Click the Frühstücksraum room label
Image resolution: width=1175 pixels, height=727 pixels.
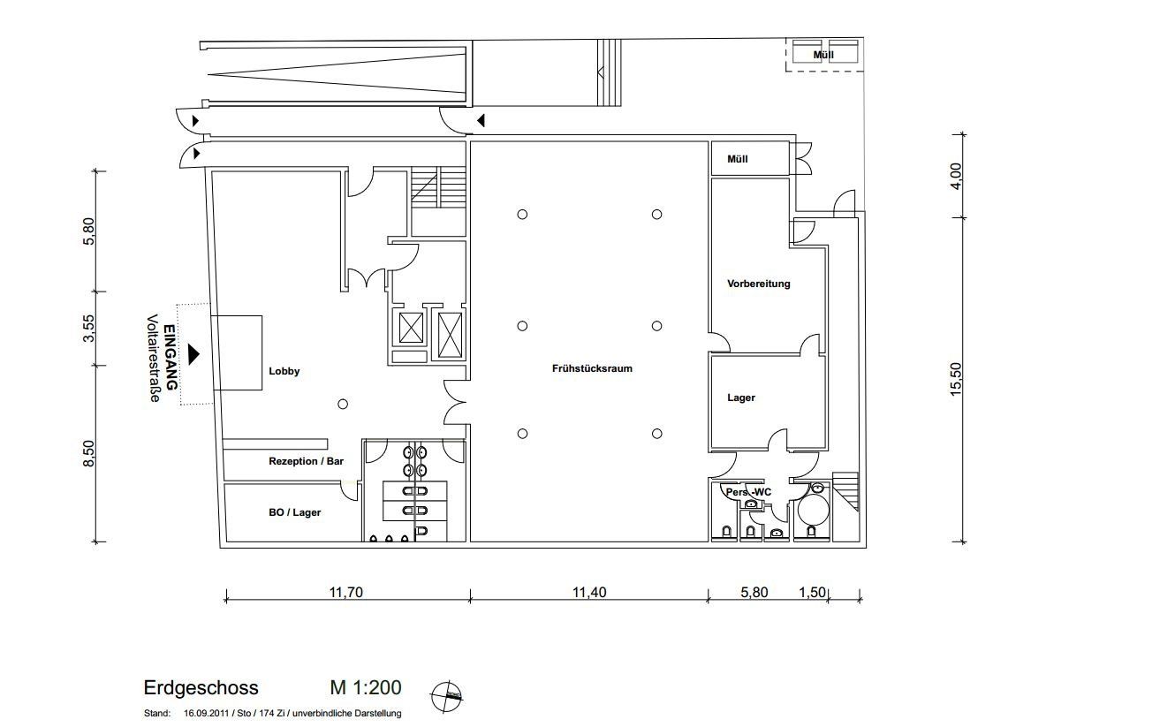[592, 368]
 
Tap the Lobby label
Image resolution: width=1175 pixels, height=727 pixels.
[284, 371]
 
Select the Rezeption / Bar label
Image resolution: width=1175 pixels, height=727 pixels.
[306, 461]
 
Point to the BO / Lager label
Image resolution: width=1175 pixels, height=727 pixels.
[294, 512]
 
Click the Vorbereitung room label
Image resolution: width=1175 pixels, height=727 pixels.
[759, 284]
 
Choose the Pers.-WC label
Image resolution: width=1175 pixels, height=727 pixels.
[748, 492]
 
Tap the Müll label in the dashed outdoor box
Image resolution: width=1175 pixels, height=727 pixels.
[823, 55]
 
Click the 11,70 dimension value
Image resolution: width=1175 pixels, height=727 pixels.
[345, 592]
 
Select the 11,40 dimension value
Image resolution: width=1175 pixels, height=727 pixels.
[589, 592]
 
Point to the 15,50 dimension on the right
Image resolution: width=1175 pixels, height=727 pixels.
[956, 379]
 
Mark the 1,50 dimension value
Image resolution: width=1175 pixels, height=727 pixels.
[812, 592]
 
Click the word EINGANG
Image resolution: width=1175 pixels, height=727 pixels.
[171, 357]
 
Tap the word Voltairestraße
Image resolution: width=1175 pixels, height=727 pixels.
[153, 359]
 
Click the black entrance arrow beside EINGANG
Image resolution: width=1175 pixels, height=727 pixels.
[193, 354]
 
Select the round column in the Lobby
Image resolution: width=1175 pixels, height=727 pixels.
[343, 404]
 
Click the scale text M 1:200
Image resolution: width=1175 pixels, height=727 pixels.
[366, 687]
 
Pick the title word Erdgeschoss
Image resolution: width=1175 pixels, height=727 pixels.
[201, 687]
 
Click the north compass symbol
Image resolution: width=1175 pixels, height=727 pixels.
[446, 697]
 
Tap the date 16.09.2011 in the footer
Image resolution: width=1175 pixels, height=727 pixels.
[206, 714]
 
